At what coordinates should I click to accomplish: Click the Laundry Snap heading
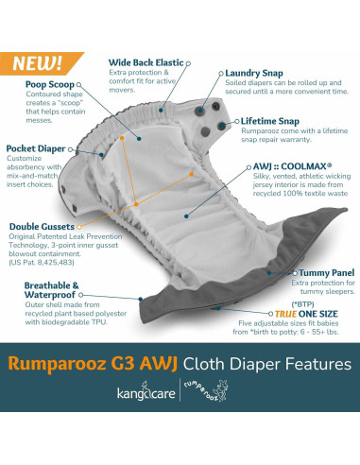(x=255, y=73)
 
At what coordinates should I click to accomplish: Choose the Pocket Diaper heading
(x=35, y=148)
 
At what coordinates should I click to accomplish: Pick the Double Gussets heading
(x=43, y=227)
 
